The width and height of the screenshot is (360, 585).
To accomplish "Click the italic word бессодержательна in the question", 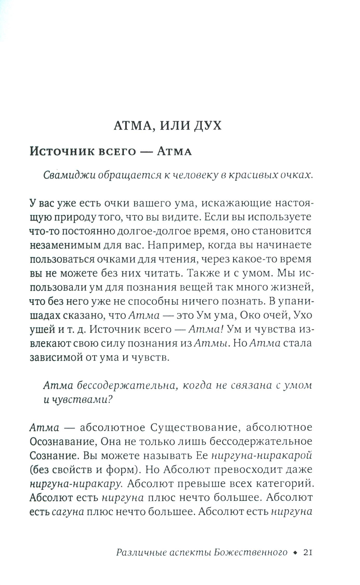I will click(x=126, y=385).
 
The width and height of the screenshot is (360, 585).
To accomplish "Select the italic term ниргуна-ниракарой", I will click(x=261, y=455).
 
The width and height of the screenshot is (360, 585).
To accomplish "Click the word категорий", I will click(x=289, y=484).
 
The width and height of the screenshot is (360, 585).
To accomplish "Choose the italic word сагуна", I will click(x=68, y=512).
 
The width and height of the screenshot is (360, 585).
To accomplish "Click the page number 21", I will click(x=307, y=553).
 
